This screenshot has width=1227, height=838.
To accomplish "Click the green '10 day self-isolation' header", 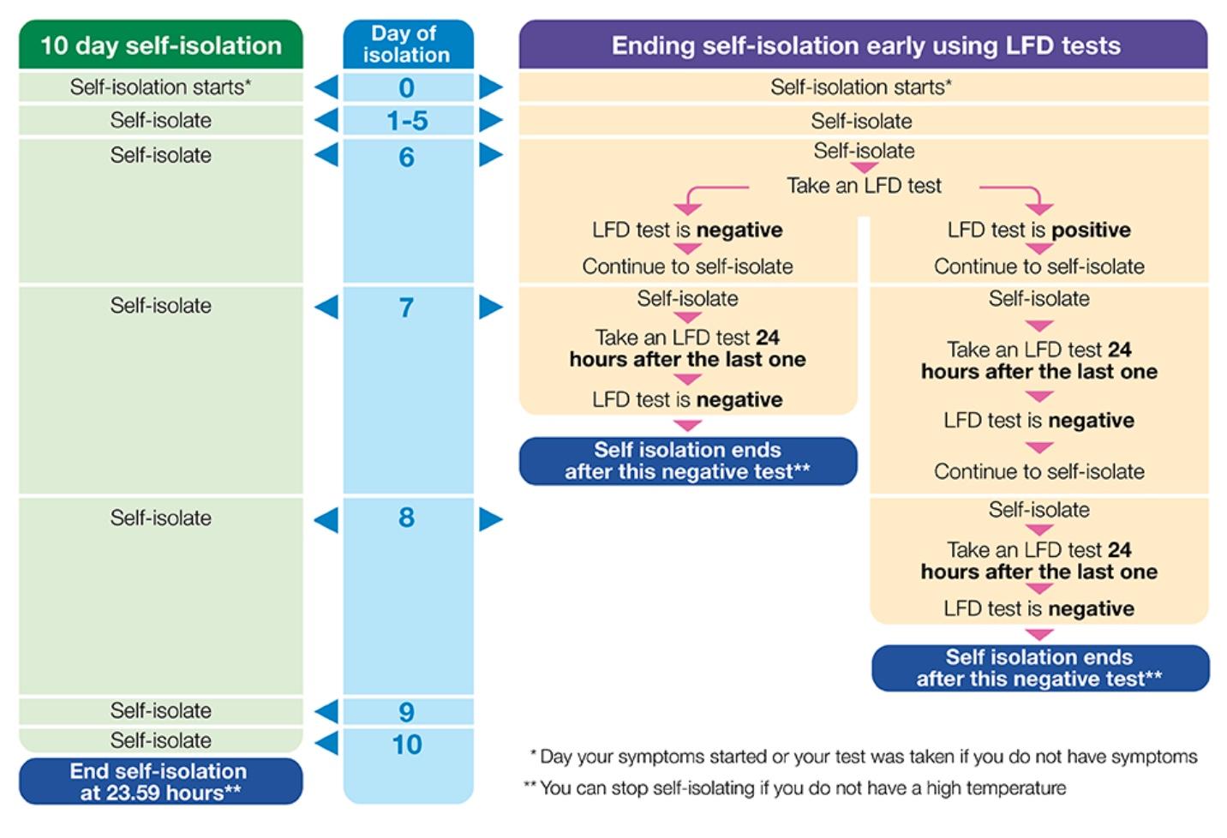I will [160, 45].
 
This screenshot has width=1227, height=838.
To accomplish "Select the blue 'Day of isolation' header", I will [407, 45].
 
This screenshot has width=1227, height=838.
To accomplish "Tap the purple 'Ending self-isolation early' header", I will [864, 45].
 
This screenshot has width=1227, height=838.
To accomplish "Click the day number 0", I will [407, 87].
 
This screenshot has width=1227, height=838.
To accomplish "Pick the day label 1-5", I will [407, 121].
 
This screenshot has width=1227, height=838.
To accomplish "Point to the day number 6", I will [407, 157].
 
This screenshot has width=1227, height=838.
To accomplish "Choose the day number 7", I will [407, 307].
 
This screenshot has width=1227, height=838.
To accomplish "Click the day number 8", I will [407, 517].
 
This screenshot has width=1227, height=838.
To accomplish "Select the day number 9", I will [407, 711].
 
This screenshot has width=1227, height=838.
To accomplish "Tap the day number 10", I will [407, 744].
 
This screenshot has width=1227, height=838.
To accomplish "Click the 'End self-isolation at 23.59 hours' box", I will [160, 781].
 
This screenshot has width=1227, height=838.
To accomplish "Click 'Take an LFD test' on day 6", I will [864, 186].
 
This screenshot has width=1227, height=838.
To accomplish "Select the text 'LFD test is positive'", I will [1038, 230].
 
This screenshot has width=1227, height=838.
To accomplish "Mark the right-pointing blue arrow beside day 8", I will [491, 518].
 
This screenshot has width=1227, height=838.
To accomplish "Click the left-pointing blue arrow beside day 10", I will [326, 743].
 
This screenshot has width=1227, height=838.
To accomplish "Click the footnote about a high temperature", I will [795, 788].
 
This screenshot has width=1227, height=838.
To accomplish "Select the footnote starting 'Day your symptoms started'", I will [864, 757].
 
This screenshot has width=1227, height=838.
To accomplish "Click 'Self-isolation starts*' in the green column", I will [160, 87].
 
